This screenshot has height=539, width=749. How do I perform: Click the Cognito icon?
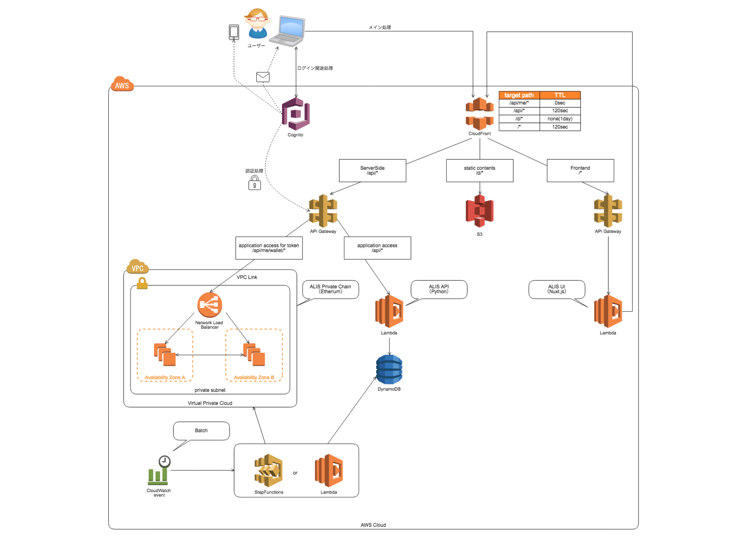pos(295,114)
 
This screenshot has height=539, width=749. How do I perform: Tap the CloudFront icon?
pos(479,113)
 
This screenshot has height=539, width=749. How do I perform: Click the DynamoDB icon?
pos(389,369)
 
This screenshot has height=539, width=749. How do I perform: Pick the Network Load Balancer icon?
pos(209,305)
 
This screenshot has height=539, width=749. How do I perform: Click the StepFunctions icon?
pos(269,471)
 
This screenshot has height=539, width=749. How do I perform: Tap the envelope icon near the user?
pos(263,77)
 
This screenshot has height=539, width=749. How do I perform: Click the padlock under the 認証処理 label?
pos(254,183)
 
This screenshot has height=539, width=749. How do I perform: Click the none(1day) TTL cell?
pos(560,119)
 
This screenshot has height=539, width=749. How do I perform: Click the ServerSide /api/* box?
pos(372,170)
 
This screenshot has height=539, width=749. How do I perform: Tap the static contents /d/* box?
pos(479,170)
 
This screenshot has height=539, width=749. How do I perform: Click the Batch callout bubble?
pos(201,431)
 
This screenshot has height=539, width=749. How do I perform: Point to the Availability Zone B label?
pos(254,377)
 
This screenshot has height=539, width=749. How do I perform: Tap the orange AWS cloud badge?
pos(122,84)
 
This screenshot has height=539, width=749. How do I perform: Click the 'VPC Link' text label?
pos(247,277)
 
